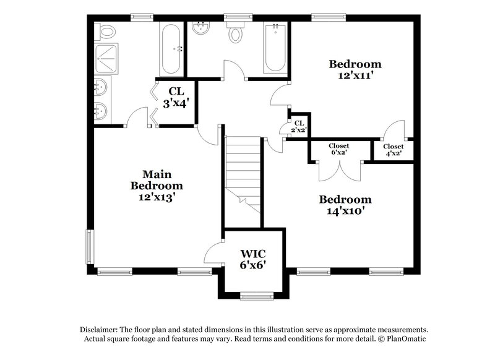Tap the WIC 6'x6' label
tap(254, 257)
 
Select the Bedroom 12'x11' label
tap(355, 69)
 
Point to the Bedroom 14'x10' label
tap(345, 205)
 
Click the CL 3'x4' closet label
tap(175, 98)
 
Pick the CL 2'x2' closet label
tap(299, 127)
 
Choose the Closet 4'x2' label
tap(393, 150)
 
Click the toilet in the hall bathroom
tap(236, 33)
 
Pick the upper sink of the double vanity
tap(101, 87)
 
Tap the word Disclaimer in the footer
tap(100, 330)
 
